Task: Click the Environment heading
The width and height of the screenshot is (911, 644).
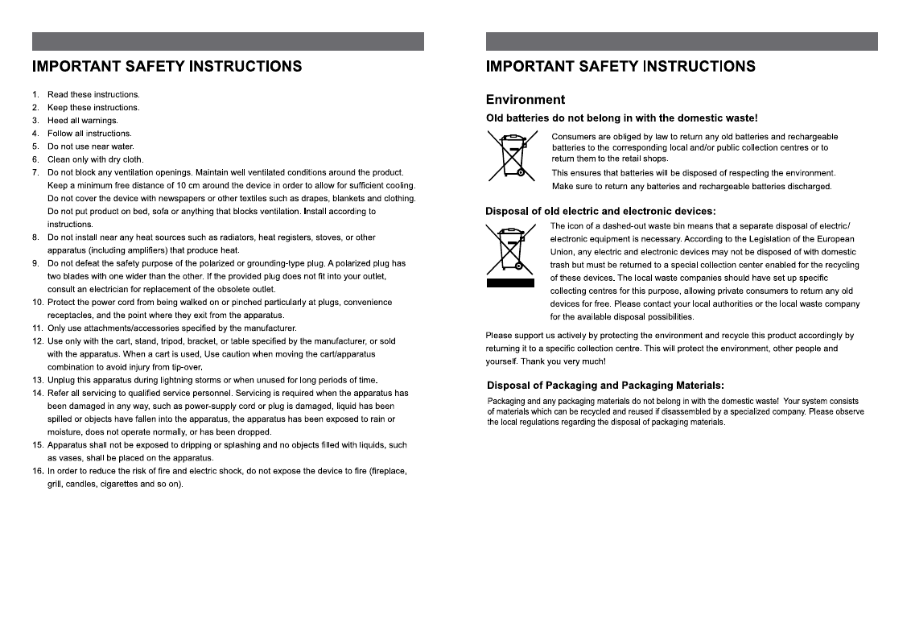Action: pyautogui.click(x=526, y=100)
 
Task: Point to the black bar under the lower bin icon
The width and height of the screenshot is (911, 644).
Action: pyautogui.click(x=510, y=283)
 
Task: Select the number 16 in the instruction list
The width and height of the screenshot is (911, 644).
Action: pyautogui.click(x=37, y=471)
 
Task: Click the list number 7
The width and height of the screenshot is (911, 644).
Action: pyautogui.click(x=35, y=172)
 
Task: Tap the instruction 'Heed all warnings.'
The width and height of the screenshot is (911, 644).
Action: pyautogui.click(x=83, y=121)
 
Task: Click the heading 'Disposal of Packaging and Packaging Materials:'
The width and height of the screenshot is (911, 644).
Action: pyautogui.click(x=606, y=385)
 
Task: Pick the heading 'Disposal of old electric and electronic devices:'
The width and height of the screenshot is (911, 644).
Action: pyautogui.click(x=600, y=212)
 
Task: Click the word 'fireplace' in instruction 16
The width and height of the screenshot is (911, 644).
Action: pyautogui.click(x=389, y=471)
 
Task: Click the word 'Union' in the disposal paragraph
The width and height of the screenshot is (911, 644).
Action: pyautogui.click(x=563, y=252)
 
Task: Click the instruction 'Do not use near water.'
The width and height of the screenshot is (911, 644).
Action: pyautogui.click(x=91, y=147)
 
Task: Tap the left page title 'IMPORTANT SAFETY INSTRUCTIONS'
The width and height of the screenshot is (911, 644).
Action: pyautogui.click(x=167, y=66)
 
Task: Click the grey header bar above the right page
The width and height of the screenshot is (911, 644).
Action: pyautogui.click(x=682, y=41)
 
